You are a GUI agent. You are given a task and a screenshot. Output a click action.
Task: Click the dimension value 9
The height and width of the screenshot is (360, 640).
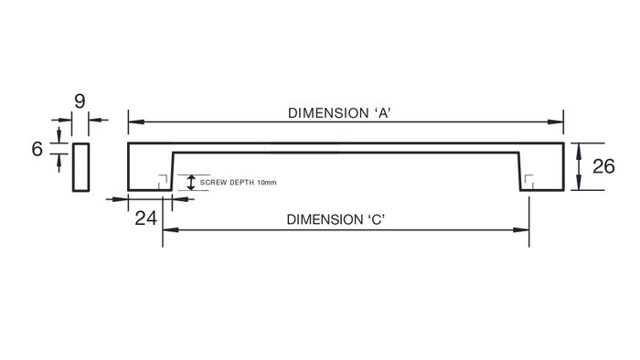pyautogui.click(x=80, y=101)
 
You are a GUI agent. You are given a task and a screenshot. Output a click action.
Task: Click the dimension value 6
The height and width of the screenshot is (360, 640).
pyautogui.click(x=37, y=149)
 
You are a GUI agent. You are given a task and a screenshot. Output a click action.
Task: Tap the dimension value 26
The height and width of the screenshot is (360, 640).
pyautogui.click(x=603, y=166)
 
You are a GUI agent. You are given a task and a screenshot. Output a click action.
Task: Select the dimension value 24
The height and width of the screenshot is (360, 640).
pyautogui.click(x=145, y=218)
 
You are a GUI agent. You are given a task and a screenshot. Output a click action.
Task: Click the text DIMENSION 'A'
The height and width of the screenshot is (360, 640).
pyautogui.click(x=339, y=113)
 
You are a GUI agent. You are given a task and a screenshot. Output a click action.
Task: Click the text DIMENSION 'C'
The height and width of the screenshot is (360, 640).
pyautogui.click(x=336, y=219)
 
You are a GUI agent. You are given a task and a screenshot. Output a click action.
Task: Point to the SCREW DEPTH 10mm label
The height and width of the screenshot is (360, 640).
pyautogui.click(x=238, y=182)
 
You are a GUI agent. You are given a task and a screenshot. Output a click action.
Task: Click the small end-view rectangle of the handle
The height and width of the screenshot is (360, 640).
pyautogui.click(x=80, y=167)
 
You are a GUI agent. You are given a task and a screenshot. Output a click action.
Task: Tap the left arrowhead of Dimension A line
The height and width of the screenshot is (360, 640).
pyautogui.click(x=136, y=122)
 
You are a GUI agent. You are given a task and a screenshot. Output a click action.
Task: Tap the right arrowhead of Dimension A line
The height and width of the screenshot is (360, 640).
pyautogui.click(x=556, y=122)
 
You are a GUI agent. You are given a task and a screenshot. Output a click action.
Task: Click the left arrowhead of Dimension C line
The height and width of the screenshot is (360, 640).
pyautogui.click(x=171, y=230)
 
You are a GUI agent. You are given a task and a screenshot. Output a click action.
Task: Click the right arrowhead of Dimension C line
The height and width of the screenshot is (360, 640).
pyautogui.click(x=521, y=230)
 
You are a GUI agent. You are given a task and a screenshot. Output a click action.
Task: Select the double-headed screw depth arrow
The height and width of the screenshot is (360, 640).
pyautogui.click(x=190, y=182)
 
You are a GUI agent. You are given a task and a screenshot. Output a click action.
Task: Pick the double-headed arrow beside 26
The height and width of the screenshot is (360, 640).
pyautogui.click(x=579, y=166)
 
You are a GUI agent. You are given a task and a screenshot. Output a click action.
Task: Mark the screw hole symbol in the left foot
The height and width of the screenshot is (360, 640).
pyautogui.click(x=163, y=182)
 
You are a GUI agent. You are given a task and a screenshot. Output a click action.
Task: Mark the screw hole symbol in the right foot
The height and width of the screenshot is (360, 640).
pyautogui.click(x=529, y=182)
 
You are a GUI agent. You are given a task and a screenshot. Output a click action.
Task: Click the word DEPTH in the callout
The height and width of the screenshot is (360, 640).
pyautogui.click(x=243, y=182)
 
